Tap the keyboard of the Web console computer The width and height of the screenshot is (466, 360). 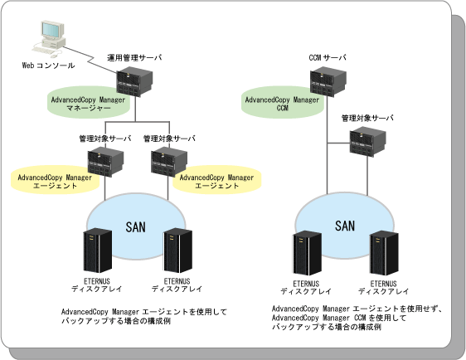pos(42,51)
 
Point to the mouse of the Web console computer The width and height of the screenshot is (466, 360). pos(54,56)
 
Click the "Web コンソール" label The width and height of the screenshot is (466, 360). pos(48,66)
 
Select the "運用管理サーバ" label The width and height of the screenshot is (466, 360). pos(134,57)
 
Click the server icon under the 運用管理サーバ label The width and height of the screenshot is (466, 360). pos(134,82)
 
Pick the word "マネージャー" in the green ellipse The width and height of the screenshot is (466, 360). pos(88,108)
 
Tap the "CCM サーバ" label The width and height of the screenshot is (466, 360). pos(328,57)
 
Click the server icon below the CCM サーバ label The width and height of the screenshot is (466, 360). pos(328,82)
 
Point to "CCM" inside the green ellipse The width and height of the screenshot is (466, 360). pos(282,108)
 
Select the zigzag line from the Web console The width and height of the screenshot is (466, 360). pos(90,59)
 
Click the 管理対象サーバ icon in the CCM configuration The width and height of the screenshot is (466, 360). pos(367,142)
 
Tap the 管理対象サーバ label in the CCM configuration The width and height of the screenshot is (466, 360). pos(367,118)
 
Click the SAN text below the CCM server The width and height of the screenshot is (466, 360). pos(345,226)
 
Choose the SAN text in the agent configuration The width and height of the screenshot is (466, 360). pos(135,227)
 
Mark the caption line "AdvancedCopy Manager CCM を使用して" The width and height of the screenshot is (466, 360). pos(339,318)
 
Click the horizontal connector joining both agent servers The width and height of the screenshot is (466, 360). pos(138,122)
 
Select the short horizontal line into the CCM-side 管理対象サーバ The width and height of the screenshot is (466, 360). pos(338,143)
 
